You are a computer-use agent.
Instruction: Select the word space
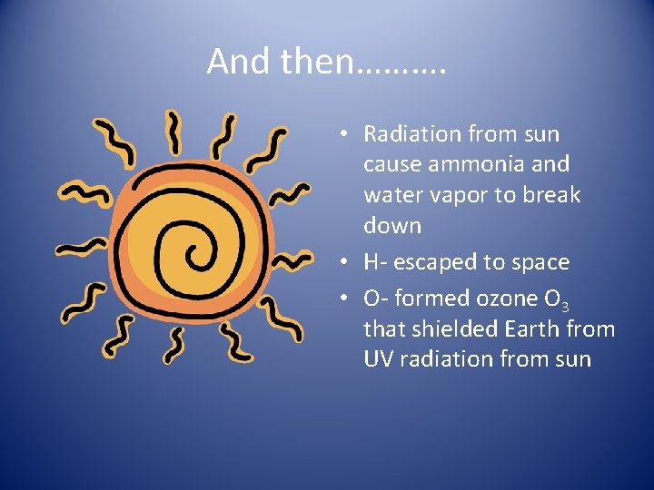(538, 262)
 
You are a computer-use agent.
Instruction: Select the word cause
(391, 164)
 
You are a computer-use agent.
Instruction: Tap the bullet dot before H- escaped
(346, 263)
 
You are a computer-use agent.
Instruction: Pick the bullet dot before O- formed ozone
(346, 299)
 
